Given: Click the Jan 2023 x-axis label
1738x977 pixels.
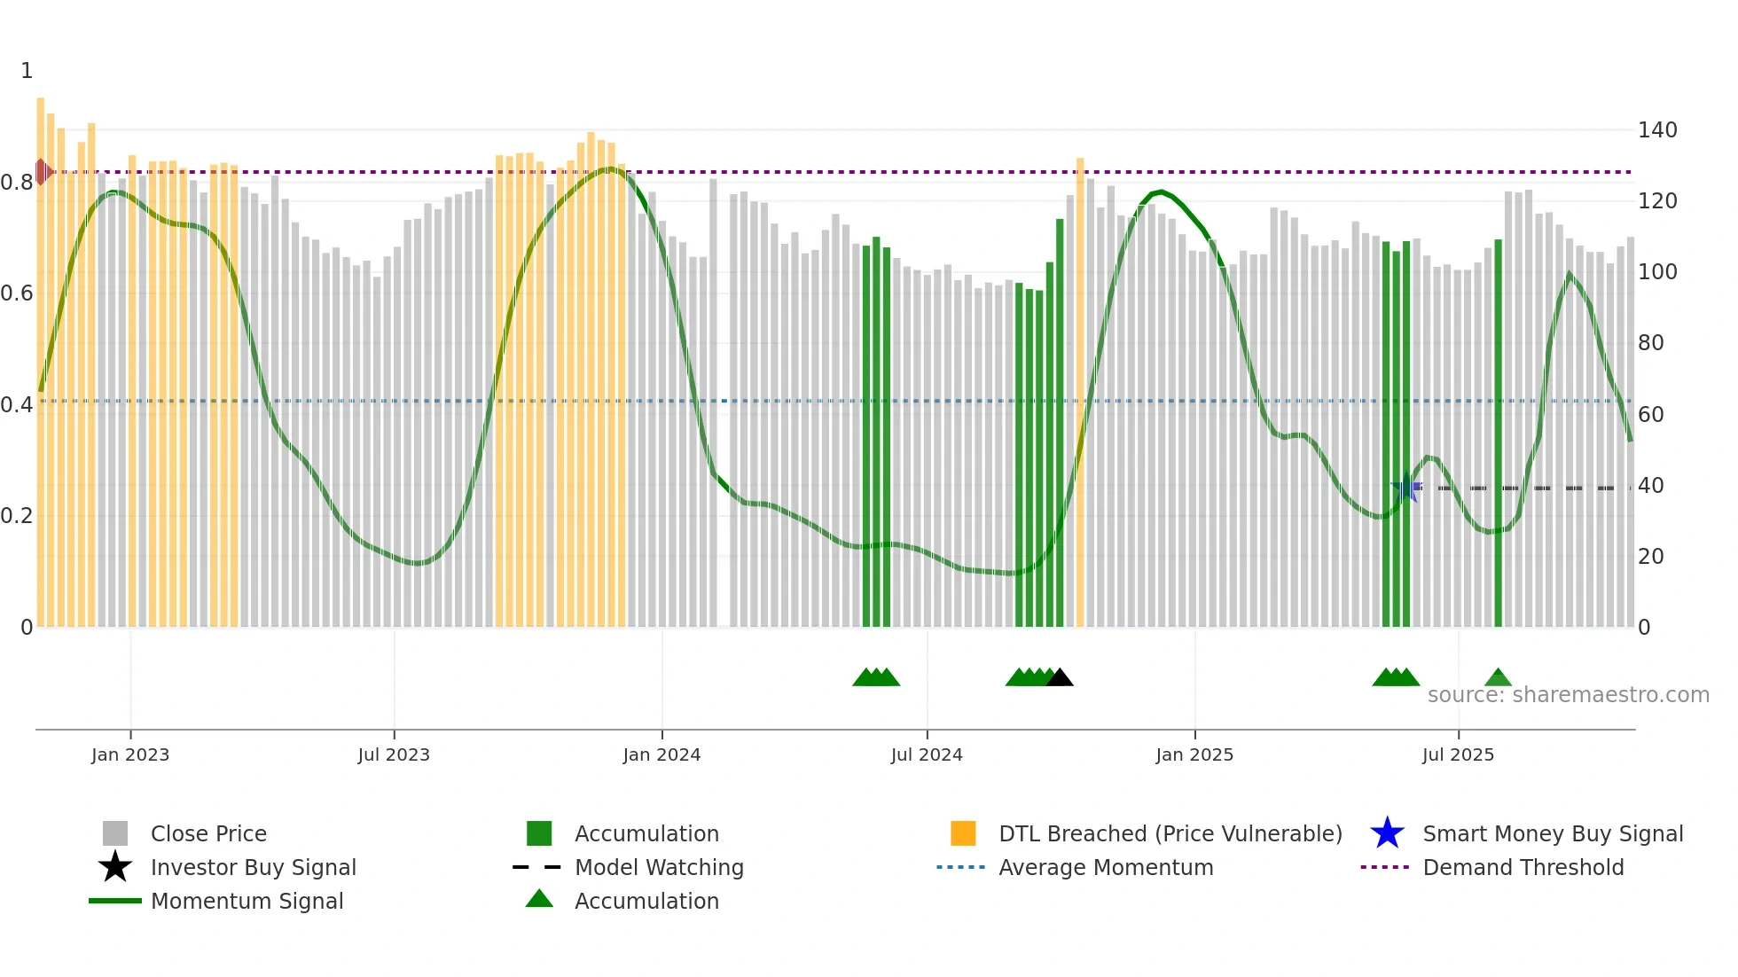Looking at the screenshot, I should click(x=130, y=755).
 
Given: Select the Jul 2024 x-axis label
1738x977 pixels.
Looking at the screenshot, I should click(x=927, y=755).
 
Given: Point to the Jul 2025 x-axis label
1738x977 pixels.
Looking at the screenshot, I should click(x=1458, y=755).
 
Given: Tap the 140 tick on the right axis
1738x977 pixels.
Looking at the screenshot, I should click(x=1657, y=130).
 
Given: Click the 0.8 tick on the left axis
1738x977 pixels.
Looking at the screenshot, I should click(x=17, y=183).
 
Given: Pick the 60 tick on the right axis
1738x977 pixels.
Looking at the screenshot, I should click(x=1650, y=415).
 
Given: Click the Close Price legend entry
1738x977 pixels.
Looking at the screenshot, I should click(x=208, y=834).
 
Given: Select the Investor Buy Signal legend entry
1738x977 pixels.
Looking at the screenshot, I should click(x=253, y=868).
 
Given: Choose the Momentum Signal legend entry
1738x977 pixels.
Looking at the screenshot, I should click(x=247, y=902).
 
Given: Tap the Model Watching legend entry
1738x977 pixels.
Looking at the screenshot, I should click(x=659, y=868).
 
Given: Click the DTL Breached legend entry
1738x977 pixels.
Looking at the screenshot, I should click(x=1170, y=834).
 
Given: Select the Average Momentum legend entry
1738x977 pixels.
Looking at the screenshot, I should click(x=1106, y=868).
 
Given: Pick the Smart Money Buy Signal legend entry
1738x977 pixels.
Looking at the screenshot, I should click(x=1552, y=834).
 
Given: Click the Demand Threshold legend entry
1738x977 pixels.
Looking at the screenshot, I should click(x=1523, y=868).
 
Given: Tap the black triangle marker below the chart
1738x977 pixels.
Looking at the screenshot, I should click(x=1060, y=678).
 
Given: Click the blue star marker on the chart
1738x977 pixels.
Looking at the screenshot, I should click(x=1405, y=488).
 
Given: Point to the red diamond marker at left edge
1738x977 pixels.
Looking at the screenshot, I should click(x=42, y=172).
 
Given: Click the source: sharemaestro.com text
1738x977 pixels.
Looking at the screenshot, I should click(x=1568, y=695).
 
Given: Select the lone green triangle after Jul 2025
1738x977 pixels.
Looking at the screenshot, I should click(x=1498, y=678).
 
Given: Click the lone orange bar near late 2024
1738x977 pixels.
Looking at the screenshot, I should click(x=1080, y=390).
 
